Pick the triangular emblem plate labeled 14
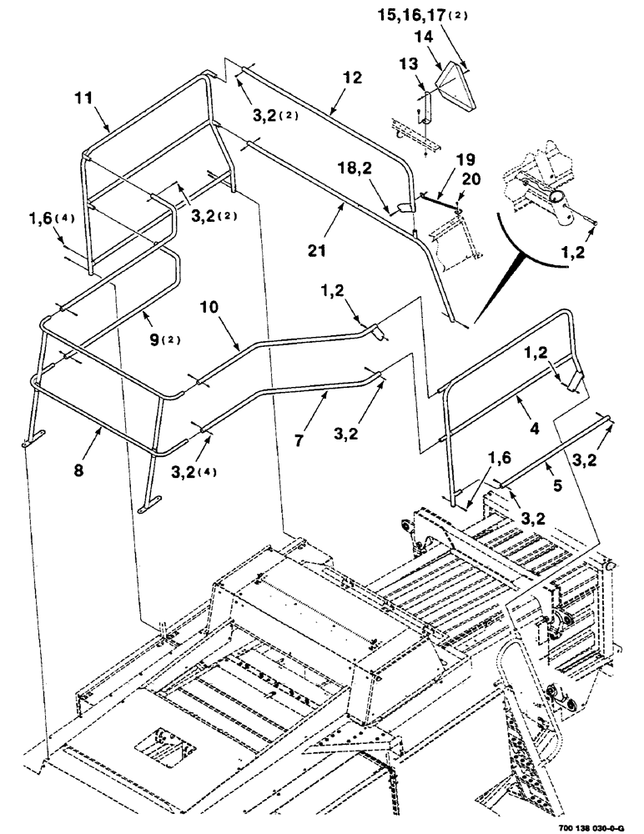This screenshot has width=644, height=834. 455,85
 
